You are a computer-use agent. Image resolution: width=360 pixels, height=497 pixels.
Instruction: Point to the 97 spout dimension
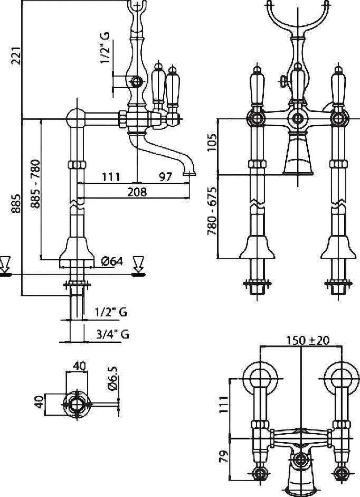click(x=165, y=177)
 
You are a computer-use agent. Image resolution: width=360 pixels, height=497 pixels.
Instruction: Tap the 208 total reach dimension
click(x=137, y=192)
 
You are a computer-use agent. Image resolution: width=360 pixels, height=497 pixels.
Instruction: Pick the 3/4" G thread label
click(x=113, y=334)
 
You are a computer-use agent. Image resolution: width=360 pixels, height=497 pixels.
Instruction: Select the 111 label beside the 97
click(x=111, y=177)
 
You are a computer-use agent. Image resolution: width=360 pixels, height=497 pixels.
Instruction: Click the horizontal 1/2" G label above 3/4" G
click(x=111, y=312)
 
